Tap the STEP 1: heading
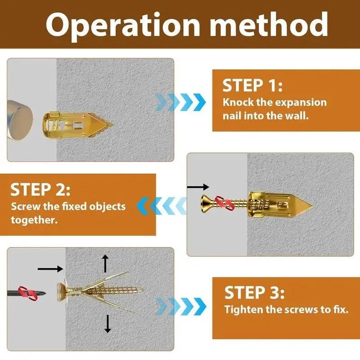(x=252, y=85)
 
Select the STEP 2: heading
(x=40, y=189)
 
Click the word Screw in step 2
(x=25, y=207)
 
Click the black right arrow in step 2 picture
(x=198, y=187)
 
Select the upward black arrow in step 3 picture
(x=105, y=263)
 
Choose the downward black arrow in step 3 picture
(x=108, y=324)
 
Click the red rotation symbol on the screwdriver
(x=27, y=292)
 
